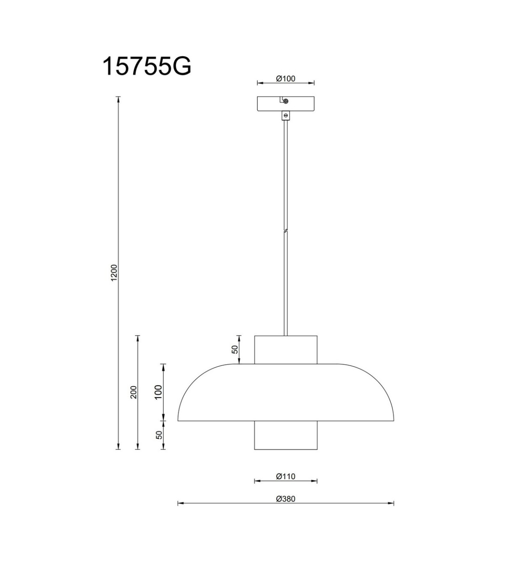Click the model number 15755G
pos(146,66)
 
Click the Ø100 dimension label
pos(286,78)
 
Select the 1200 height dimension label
pos(114,273)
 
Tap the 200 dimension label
pos(134,392)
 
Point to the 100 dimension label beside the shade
pos(158,392)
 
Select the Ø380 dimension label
pos(286,498)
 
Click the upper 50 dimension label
pos(235,349)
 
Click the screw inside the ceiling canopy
pos(285,101)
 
